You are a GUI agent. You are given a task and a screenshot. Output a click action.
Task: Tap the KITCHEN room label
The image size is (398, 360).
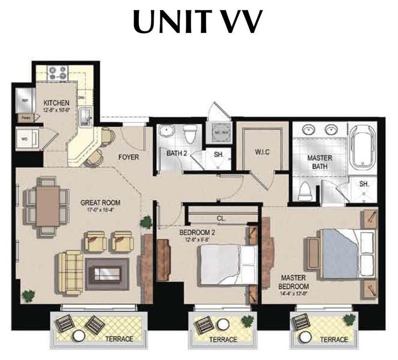pos(57,103)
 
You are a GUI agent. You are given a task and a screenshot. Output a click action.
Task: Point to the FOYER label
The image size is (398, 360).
pos(128,157)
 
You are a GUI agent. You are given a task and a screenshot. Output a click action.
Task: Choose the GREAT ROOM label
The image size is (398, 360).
pos(100,203)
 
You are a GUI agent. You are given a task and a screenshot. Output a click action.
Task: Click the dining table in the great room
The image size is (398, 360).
pos(48,206)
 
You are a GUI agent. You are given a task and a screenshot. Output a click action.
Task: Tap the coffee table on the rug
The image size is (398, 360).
pos(107,271)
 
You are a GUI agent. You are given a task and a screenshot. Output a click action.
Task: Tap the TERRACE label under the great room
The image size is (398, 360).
pos(118,338)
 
